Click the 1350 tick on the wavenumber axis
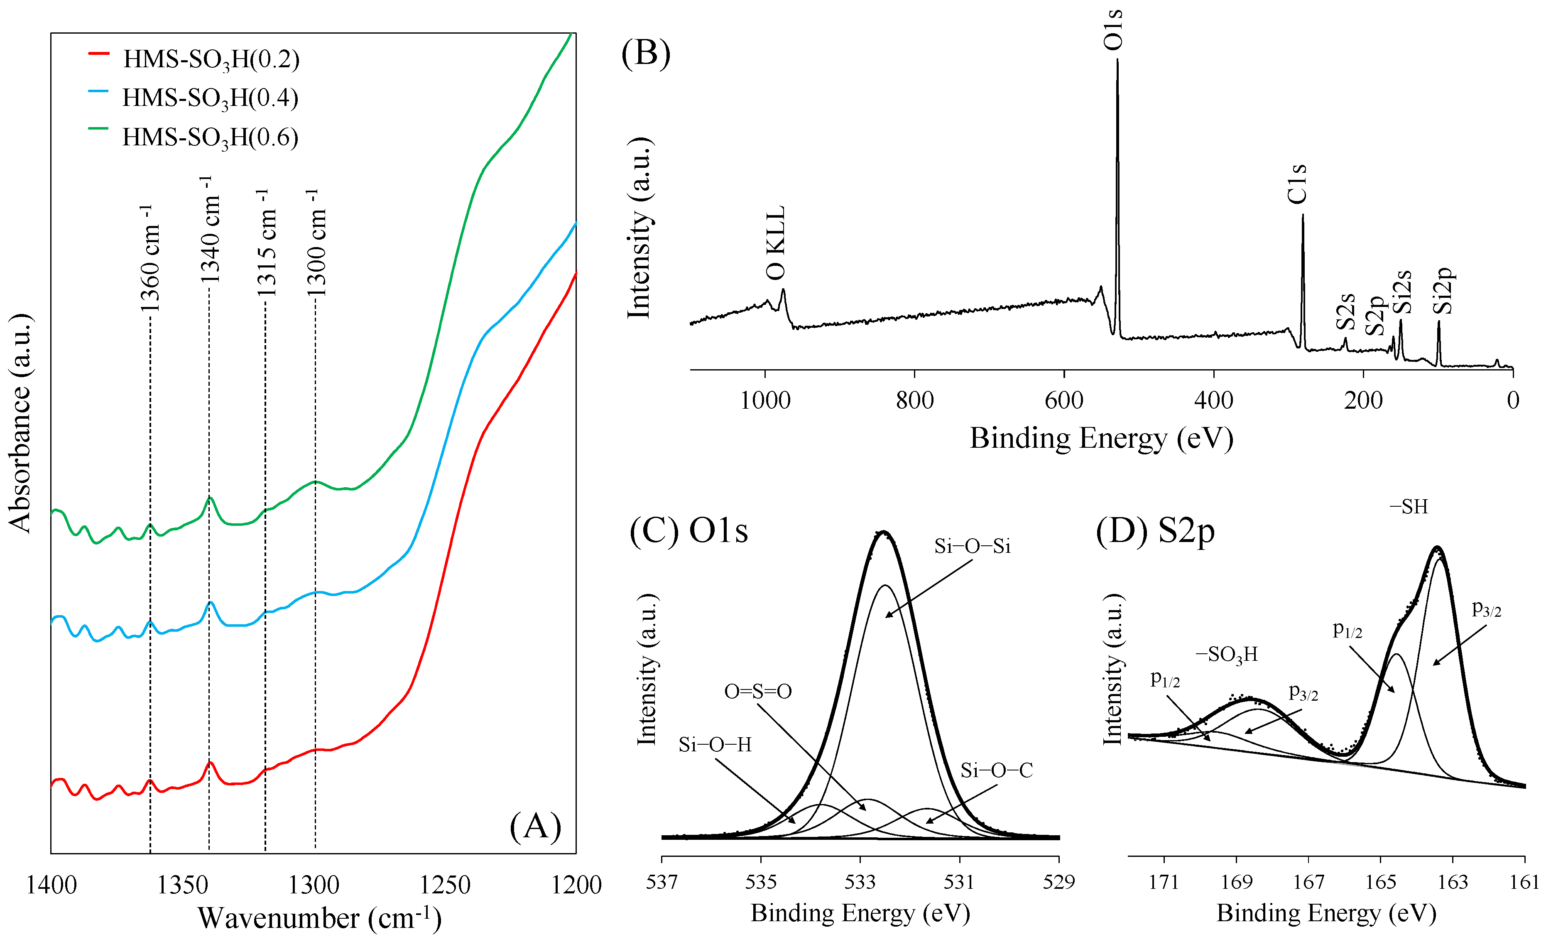pyautogui.click(x=182, y=885)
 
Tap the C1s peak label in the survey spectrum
pyautogui.click(x=1297, y=184)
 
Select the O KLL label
pyautogui.click(x=776, y=243)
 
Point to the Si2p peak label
pyautogui.click(x=1443, y=291)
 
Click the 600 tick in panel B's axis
pyautogui.click(x=1064, y=400)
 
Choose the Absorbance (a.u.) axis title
pyautogui.click(x=20, y=424)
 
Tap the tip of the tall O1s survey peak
pyautogui.click(x=1117, y=60)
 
